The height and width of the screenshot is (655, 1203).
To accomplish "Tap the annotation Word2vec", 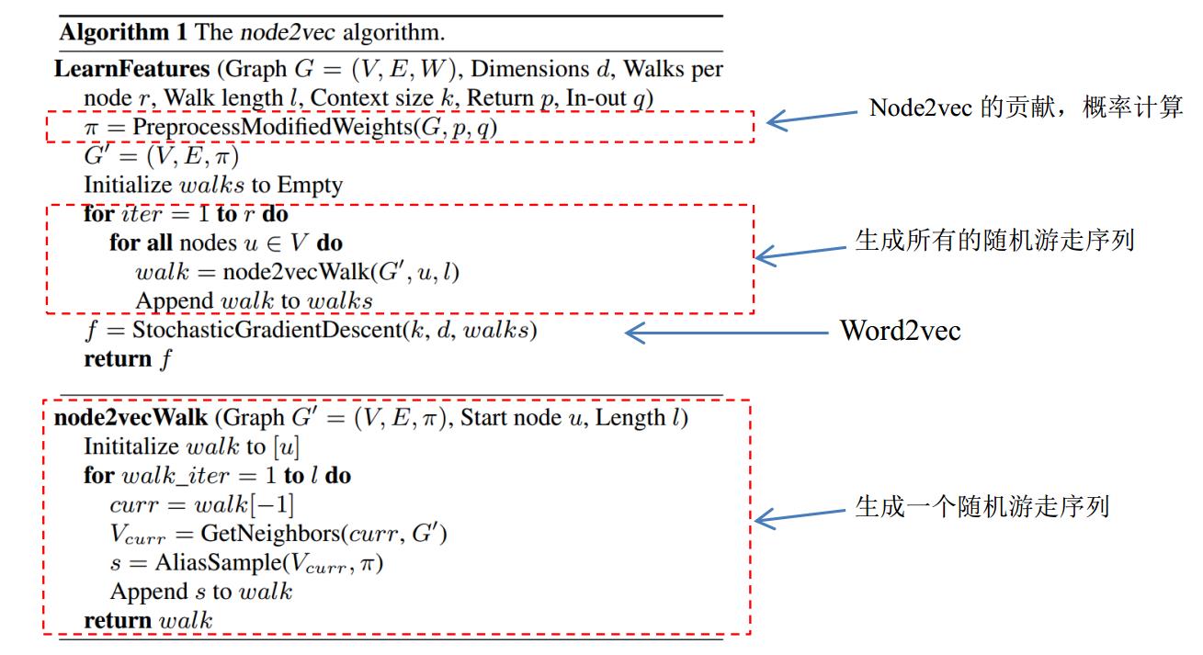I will pos(900,332).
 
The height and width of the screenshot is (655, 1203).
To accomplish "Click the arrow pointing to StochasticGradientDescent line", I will pos(726,333).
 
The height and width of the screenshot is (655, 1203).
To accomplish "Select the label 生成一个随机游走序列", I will pos(982,507).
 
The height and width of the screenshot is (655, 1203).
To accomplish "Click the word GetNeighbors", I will pos(253,535).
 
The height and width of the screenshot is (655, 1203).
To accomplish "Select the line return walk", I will pos(147,621).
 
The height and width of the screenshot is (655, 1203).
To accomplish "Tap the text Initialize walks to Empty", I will pos(212,186).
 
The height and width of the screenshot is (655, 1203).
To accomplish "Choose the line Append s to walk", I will pos(200,593).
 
